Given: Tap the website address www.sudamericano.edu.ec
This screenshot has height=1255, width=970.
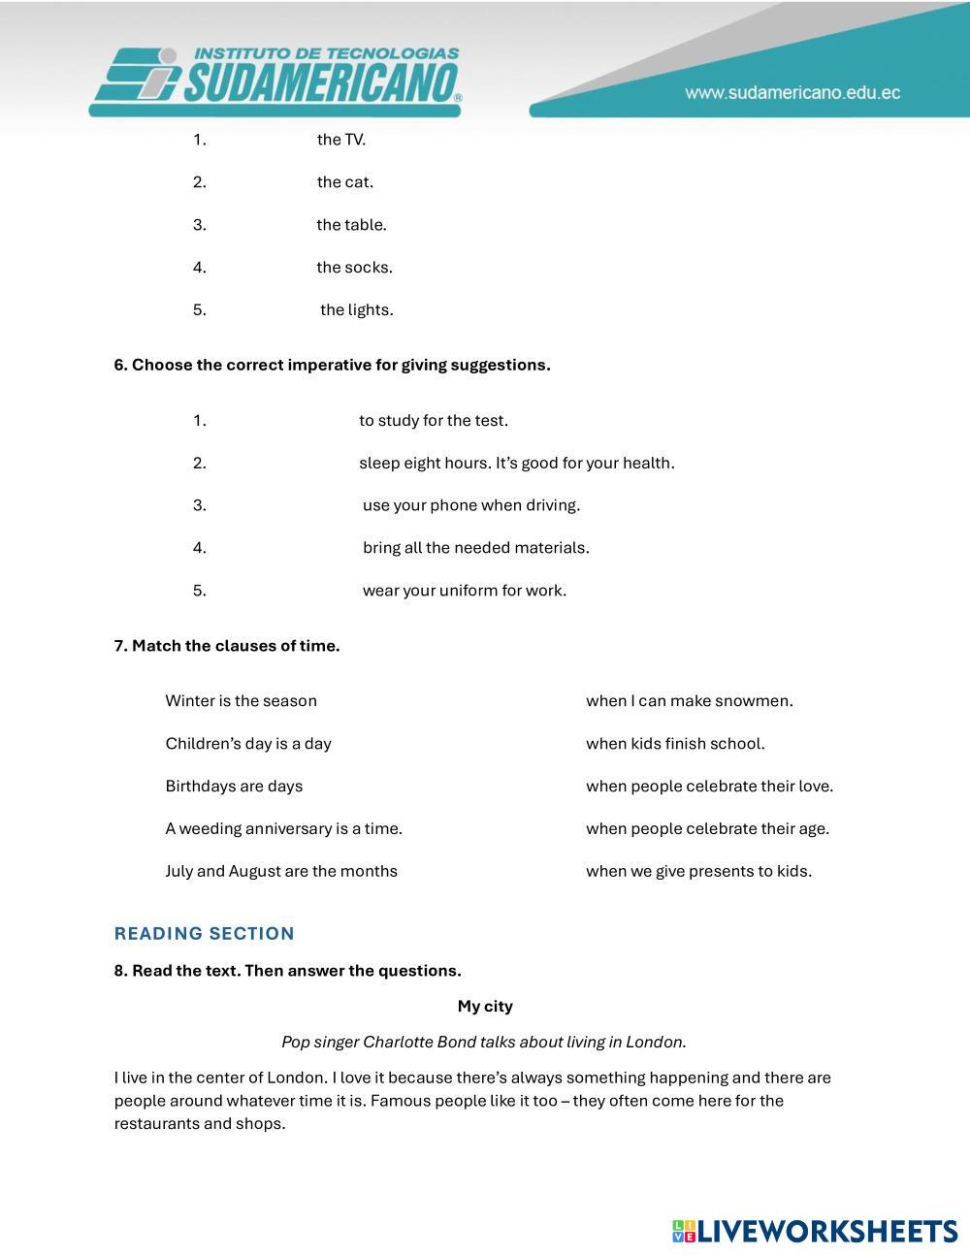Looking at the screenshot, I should (x=792, y=93).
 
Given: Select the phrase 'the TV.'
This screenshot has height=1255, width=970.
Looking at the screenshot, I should (x=340, y=140).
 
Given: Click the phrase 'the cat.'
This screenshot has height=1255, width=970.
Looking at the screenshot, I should (x=344, y=182).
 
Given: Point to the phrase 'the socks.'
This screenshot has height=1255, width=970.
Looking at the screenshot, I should (x=354, y=268).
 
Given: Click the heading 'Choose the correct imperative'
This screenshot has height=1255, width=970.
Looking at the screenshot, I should (x=332, y=366).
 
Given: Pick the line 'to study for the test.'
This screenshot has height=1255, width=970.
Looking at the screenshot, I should (x=433, y=421).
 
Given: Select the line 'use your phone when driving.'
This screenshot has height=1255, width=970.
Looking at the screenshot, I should (x=470, y=505).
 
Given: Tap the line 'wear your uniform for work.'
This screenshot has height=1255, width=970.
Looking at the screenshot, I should (x=464, y=591).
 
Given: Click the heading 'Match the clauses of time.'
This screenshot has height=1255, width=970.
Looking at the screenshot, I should (x=227, y=646).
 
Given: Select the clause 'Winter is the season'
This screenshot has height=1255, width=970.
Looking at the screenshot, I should (x=241, y=701).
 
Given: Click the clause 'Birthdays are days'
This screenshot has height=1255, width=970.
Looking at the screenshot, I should (x=234, y=787).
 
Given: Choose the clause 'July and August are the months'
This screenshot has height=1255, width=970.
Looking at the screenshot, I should (x=281, y=871).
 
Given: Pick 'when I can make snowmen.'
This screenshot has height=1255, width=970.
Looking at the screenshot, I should (x=689, y=701).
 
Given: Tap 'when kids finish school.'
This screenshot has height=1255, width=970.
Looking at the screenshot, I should (x=675, y=744).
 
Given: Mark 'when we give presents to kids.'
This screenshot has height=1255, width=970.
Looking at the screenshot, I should (x=698, y=871).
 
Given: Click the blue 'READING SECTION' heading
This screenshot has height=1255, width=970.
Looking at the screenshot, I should (x=204, y=934).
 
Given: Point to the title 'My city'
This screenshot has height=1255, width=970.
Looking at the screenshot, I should (x=485, y=1007).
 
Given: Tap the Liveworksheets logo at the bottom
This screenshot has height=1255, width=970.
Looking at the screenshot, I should (x=814, y=1232).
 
